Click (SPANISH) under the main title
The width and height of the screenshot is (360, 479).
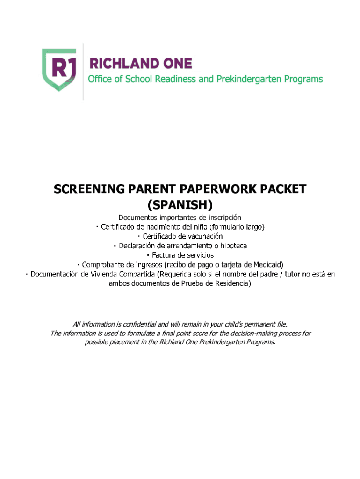[180, 204]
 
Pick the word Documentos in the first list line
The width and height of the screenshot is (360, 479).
[137, 218]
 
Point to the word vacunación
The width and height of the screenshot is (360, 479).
[202, 236]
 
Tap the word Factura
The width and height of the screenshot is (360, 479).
[164, 255]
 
